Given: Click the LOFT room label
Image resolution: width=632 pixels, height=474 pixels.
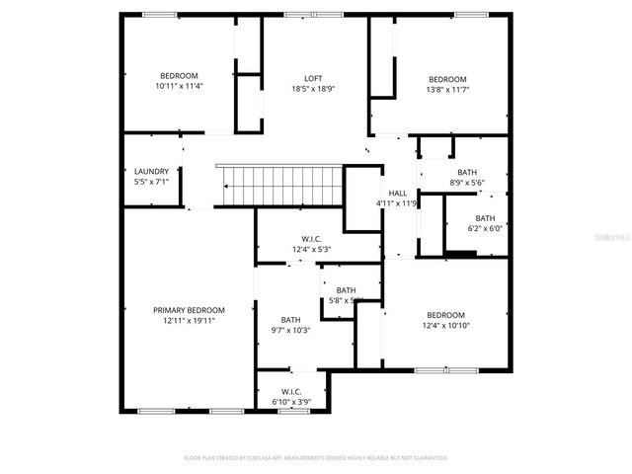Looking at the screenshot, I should (312, 78).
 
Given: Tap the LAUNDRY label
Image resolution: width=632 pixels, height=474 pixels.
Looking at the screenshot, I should (151, 171).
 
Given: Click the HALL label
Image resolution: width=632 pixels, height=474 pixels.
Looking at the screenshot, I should (397, 194).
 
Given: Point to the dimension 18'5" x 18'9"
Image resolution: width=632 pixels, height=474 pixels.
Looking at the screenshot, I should (312, 89).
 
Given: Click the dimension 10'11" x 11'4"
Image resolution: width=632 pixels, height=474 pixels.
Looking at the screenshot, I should (179, 86).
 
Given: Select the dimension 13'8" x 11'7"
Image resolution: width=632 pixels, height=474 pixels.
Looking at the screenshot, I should (446, 90).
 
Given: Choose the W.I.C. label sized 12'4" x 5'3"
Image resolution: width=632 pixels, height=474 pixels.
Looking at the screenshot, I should (311, 238).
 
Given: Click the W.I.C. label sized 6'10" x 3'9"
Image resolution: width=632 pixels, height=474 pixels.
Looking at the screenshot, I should (290, 391).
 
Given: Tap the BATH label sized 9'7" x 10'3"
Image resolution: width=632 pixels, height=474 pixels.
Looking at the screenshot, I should (290, 319).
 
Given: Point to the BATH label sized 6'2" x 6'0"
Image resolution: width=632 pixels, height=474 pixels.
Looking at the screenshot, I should (485, 218).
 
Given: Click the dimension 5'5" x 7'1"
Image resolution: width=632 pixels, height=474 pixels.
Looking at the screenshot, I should (151, 182).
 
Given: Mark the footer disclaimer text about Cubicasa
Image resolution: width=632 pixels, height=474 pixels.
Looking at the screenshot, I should (316, 458).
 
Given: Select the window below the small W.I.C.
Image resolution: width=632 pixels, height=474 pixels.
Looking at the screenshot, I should (293, 411).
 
